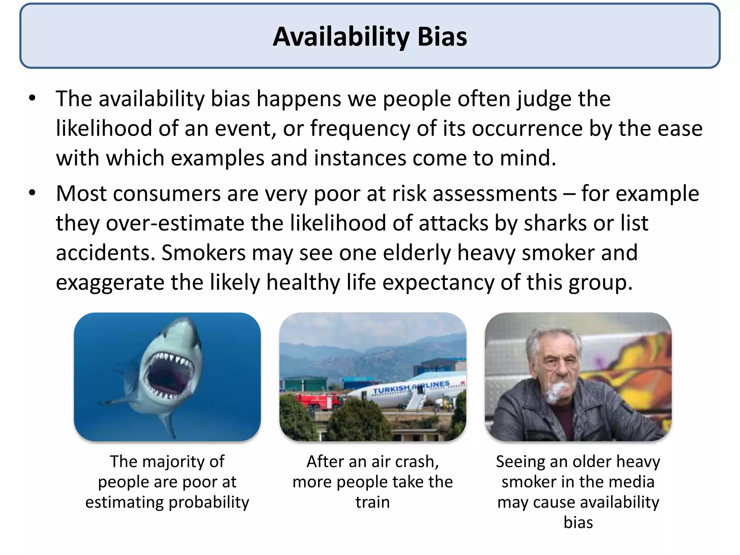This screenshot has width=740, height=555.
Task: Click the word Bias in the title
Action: (x=442, y=37)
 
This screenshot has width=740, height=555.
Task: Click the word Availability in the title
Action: (x=341, y=37)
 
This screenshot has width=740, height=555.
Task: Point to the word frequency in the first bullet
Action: (x=360, y=129)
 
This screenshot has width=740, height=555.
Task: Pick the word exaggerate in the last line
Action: (x=110, y=283)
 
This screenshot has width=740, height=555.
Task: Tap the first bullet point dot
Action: (x=33, y=98)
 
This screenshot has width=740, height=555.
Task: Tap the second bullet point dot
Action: (x=33, y=193)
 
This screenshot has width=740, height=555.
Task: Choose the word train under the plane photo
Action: (x=373, y=503)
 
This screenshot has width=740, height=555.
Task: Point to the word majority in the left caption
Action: (x=170, y=462)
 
